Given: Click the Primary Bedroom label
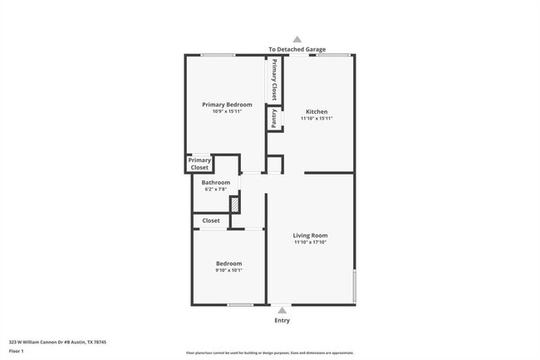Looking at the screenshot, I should pos(227,105).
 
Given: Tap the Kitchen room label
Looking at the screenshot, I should pos(317,111).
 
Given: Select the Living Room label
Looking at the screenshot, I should pos(310,235).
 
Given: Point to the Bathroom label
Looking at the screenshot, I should pos(215,182).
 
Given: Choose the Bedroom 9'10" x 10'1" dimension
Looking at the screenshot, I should pos(228,270).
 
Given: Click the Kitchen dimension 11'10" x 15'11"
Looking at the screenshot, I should pos(317,119).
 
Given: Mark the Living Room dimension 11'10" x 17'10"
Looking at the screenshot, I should pos(310,243).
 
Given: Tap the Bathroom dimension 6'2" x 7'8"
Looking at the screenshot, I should pos(217,190).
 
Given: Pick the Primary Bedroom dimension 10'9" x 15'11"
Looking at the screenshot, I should pos(227,111).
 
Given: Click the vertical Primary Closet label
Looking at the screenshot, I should pos(273,80).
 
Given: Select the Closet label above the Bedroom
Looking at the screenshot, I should pos(211,220).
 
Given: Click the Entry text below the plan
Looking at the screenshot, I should pos(282,320).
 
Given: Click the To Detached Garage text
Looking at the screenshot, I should pos(297,49).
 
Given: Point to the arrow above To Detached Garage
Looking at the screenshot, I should pos(297,38).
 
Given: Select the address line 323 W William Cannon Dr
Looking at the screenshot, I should pos(57,342).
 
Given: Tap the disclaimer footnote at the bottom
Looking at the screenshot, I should pos(269,353).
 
